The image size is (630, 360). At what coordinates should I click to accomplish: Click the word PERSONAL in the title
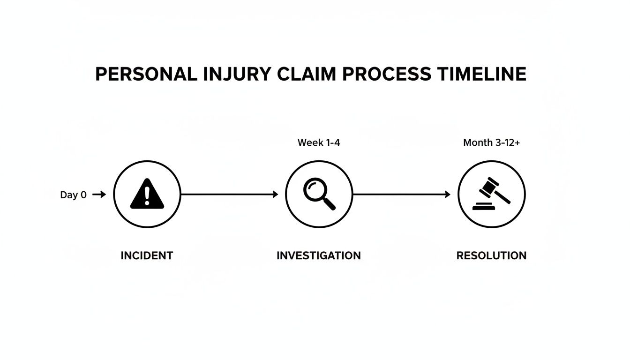pyautogui.click(x=146, y=75)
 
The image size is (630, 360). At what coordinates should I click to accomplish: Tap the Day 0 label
pyautogui.click(x=73, y=195)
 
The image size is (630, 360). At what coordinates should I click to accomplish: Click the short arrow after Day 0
pyautogui.click(x=99, y=195)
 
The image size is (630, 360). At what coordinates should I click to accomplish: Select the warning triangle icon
pyautogui.click(x=147, y=194)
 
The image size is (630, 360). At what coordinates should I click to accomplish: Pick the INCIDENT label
pyautogui.click(x=147, y=255)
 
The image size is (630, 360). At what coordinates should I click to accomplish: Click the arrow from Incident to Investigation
pyautogui.click(x=230, y=194)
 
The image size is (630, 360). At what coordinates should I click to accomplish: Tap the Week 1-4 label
pyautogui.click(x=319, y=142)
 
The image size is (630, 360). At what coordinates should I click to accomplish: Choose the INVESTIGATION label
pyautogui.click(x=319, y=255)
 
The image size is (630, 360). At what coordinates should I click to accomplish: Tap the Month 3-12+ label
pyautogui.click(x=491, y=142)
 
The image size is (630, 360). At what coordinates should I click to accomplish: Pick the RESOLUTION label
pyautogui.click(x=491, y=255)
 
